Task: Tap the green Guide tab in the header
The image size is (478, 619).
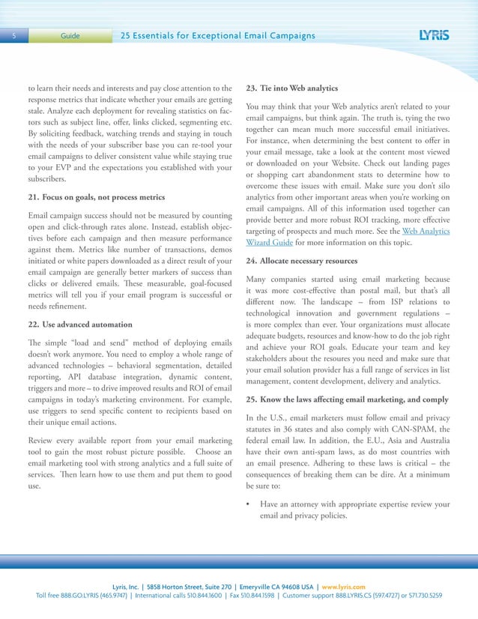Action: (70, 36)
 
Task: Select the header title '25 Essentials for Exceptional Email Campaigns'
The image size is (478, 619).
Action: (218, 36)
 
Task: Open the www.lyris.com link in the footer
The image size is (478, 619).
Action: (344, 586)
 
